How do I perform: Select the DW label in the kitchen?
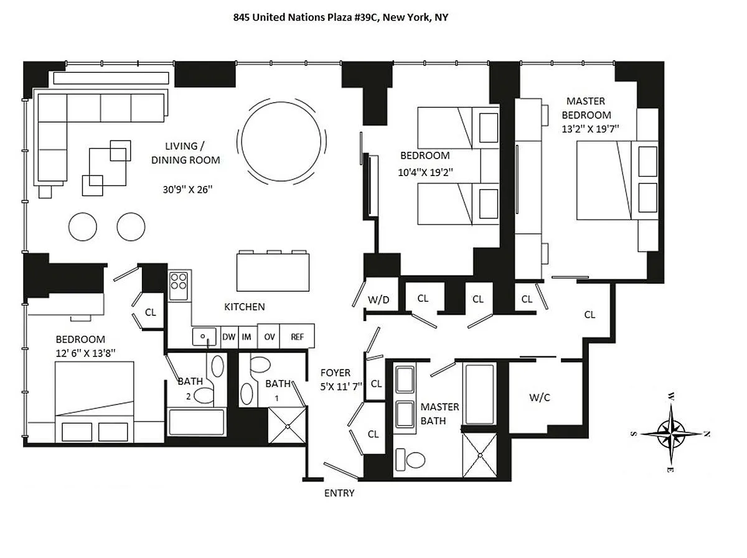(228, 337)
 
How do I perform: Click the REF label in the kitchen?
(297, 337)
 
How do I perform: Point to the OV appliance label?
(269, 337)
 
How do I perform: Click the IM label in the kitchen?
(247, 337)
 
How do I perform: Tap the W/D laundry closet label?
(378, 299)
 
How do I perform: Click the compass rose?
(670, 432)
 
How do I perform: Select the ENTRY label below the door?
(339, 493)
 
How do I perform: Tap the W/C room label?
(539, 398)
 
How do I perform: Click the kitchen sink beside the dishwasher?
(204, 337)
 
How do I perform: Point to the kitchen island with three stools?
(273, 271)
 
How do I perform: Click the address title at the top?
(341, 17)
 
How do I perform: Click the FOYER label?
(334, 373)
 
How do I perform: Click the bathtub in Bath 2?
(196, 423)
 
